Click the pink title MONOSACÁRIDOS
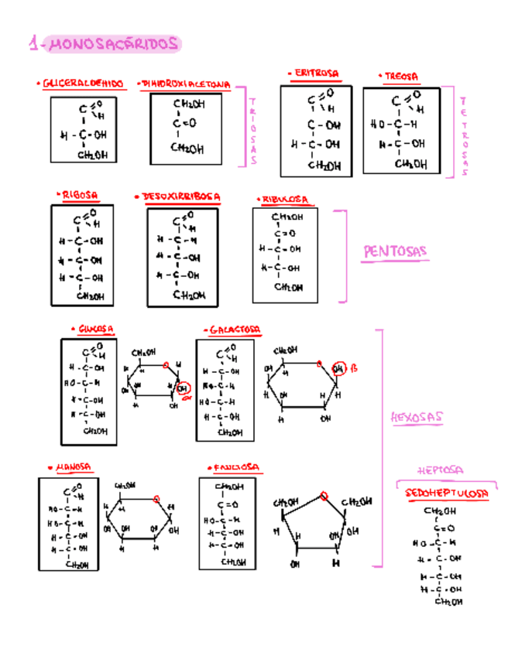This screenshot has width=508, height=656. (x=104, y=45)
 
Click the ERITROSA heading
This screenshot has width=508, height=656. (x=315, y=73)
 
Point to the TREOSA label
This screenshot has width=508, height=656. (x=400, y=77)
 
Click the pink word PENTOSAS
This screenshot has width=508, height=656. (x=395, y=251)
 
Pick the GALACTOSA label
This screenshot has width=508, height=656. (x=232, y=330)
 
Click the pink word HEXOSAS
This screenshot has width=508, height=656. (x=417, y=418)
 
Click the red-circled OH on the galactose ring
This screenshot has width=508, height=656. (x=339, y=368)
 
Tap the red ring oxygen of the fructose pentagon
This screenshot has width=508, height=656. (x=322, y=496)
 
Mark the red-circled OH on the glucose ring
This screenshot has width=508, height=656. (x=183, y=388)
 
